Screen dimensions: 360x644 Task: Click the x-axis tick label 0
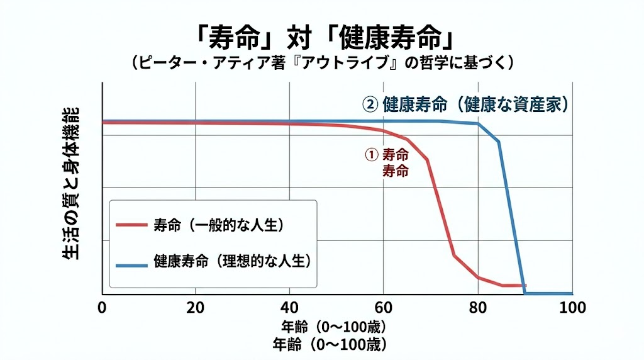(x=103, y=308)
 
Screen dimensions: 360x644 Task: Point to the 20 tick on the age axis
(x=196, y=308)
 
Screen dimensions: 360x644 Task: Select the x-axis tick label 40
(x=290, y=308)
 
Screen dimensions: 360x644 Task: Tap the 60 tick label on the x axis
(x=384, y=308)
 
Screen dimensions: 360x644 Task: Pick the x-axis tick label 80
(x=478, y=308)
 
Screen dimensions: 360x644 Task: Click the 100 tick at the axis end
(x=572, y=308)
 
